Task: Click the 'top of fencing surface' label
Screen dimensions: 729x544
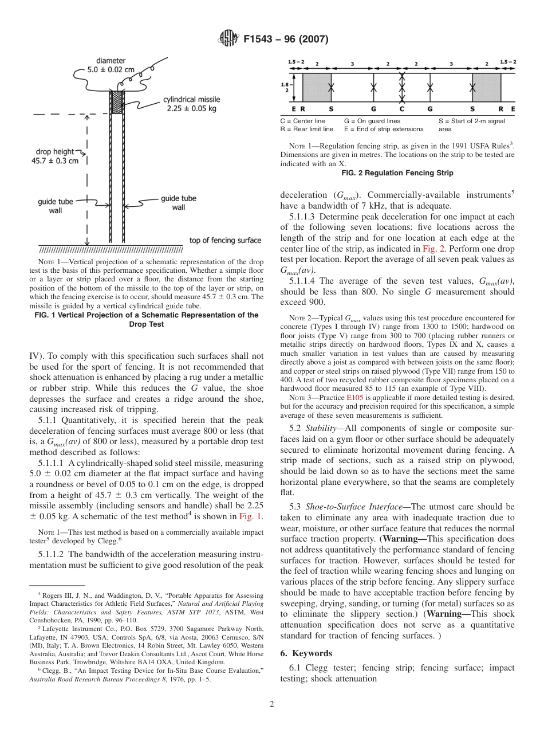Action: tap(225, 240)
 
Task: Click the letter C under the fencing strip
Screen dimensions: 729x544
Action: tap(401, 108)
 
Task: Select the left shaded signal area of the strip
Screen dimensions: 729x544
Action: tap(316, 87)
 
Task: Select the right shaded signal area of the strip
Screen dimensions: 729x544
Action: tap(486, 87)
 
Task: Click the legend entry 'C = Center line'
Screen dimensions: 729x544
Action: tap(302, 121)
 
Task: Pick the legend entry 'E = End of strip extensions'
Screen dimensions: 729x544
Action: tap(384, 129)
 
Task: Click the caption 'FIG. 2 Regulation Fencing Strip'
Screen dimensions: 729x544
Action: tap(397, 173)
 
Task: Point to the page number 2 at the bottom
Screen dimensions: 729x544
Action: tap(272, 704)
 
